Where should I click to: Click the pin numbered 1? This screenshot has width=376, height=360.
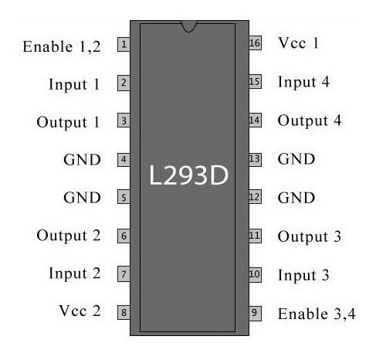click(124, 44)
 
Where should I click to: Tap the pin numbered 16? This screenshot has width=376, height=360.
click(255, 42)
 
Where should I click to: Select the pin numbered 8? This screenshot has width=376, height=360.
click(124, 312)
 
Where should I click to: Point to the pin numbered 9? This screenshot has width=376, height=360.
click(255, 313)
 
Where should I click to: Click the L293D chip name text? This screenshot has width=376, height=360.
click(188, 175)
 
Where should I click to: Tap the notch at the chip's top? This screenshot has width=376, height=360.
click(189, 26)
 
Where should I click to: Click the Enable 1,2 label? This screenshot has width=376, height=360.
click(62, 47)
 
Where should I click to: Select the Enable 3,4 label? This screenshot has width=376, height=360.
click(317, 314)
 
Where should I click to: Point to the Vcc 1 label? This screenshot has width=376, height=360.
click(298, 42)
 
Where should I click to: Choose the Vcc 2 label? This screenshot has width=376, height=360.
click(80, 311)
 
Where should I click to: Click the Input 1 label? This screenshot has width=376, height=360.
click(74, 84)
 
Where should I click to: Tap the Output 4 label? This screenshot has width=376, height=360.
click(310, 121)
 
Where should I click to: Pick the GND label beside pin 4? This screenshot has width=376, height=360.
click(82, 160)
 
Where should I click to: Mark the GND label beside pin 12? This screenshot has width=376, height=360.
click(296, 198)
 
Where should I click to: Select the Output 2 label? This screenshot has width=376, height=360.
click(69, 236)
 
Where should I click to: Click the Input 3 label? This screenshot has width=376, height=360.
click(303, 275)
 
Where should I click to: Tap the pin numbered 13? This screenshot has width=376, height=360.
click(255, 159)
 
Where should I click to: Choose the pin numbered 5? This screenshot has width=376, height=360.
click(124, 197)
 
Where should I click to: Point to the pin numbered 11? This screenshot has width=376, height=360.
click(255, 236)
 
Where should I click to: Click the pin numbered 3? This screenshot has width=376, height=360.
click(124, 121)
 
